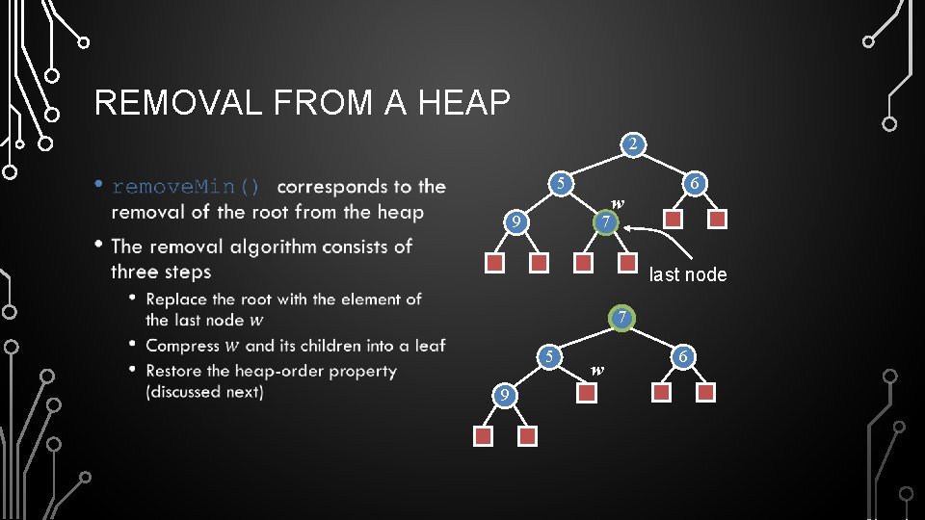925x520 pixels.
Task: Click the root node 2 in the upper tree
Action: point(631,144)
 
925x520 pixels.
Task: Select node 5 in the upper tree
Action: point(559,183)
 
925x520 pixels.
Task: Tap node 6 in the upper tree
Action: point(694,183)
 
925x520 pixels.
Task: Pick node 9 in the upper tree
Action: point(516,223)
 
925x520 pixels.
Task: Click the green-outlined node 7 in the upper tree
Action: point(604,223)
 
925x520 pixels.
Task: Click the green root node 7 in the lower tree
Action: point(623,317)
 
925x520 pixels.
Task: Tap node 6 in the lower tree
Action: point(682,356)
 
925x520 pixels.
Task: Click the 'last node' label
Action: point(688,274)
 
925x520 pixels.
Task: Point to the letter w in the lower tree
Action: point(597,369)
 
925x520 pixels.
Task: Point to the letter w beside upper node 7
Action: point(618,203)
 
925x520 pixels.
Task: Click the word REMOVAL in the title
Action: point(178,102)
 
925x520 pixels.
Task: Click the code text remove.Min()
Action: point(186,187)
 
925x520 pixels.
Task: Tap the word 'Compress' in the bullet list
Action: point(182,345)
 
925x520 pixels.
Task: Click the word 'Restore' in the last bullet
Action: point(175,371)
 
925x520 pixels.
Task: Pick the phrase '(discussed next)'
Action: point(204,392)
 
